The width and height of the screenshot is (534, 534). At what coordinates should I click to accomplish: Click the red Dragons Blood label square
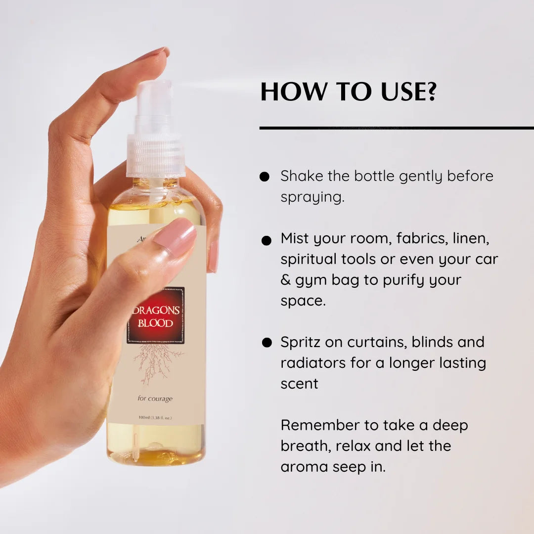pyautogui.click(x=156, y=315)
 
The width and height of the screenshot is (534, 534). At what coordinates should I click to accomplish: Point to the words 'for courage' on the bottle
pyautogui.click(x=155, y=399)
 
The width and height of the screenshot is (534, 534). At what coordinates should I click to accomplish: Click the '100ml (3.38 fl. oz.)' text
pyautogui.click(x=155, y=418)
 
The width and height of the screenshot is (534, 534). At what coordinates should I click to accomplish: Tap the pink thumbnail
pyautogui.click(x=175, y=237)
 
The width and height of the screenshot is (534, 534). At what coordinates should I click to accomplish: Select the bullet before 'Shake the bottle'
pyautogui.click(x=265, y=177)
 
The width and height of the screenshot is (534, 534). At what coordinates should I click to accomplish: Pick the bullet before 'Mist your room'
pyautogui.click(x=266, y=240)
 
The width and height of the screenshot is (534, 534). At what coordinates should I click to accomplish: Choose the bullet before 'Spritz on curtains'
pyautogui.click(x=267, y=342)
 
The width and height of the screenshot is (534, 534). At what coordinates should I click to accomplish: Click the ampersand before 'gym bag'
pyautogui.click(x=286, y=280)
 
